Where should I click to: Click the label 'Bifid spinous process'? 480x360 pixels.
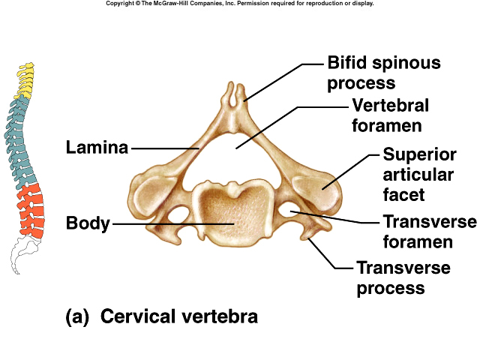point(383,73)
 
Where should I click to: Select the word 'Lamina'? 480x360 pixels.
point(97,148)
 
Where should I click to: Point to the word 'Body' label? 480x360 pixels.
point(88,223)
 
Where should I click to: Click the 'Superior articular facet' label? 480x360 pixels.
point(418,175)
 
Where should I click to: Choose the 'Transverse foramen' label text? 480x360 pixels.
point(429,232)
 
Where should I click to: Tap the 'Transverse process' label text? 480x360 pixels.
point(403,277)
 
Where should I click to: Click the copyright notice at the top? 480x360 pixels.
point(239,4)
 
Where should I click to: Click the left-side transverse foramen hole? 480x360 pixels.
point(178,216)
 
